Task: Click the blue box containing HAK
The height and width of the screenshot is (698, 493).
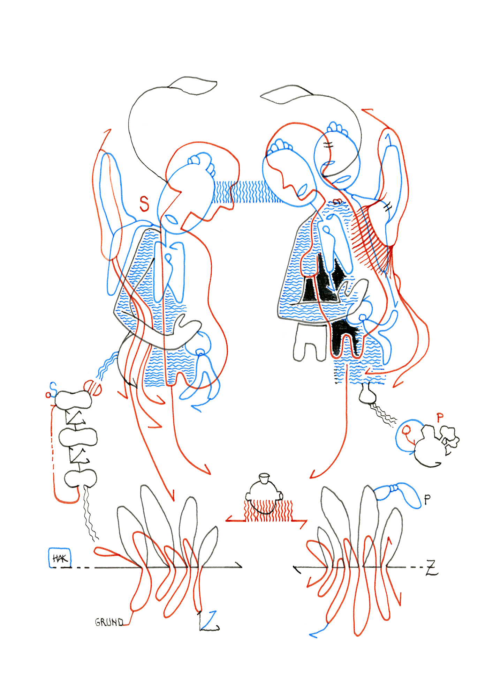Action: tap(60, 557)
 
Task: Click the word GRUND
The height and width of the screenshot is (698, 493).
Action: tap(109, 622)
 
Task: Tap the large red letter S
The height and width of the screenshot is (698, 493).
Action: tap(144, 204)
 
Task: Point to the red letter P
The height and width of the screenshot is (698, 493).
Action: tap(440, 417)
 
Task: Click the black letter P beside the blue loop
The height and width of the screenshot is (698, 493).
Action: tap(427, 500)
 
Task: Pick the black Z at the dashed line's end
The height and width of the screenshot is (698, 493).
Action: tap(432, 567)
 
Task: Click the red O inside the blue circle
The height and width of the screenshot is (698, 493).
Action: tap(405, 430)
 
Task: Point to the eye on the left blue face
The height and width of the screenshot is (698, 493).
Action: tap(171, 219)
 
